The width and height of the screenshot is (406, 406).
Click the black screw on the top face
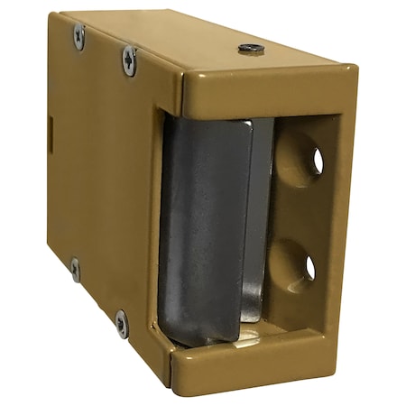coord(252,49)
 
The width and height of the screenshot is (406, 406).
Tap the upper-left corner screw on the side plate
coord(79,36)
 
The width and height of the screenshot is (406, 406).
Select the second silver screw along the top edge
coord(130,60)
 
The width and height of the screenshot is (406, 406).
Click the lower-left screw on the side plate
coord(75,269)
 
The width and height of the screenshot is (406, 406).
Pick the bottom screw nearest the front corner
coord(121,322)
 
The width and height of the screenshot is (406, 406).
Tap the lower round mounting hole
coord(304,265)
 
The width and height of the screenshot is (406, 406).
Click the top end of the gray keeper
coord(212,126)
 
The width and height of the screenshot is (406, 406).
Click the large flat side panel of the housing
coord(99,180)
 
